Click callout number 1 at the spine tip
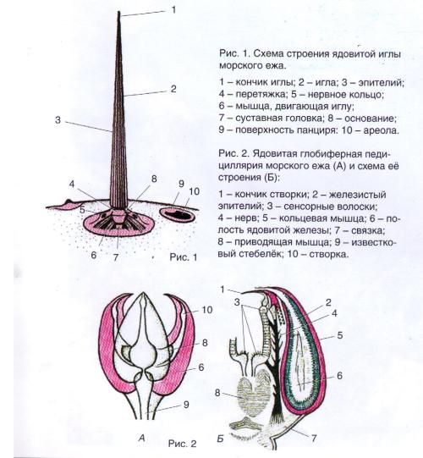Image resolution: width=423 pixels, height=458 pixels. click(x=173, y=10)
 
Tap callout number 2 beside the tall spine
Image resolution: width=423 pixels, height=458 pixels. click(x=173, y=89)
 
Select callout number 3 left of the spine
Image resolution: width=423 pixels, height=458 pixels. click(x=58, y=119)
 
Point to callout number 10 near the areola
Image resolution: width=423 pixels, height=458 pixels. click(x=194, y=191)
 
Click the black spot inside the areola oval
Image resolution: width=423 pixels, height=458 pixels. click(x=177, y=215)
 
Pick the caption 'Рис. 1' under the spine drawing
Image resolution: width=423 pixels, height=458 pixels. click(x=184, y=257)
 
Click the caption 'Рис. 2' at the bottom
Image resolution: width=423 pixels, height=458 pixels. click(x=182, y=444)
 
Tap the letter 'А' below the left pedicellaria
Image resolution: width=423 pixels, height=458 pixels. click(x=142, y=439)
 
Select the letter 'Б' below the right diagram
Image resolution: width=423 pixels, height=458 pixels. click(x=221, y=439)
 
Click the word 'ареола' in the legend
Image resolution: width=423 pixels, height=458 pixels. click(x=381, y=130)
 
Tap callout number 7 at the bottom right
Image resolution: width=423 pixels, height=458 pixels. click(x=314, y=438)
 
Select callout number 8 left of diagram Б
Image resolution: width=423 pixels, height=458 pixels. click(x=217, y=393)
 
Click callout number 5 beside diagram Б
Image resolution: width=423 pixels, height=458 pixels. click(x=340, y=335)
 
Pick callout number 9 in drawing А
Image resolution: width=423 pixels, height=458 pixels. click(x=186, y=405)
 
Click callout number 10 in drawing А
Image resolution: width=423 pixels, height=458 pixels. click(x=207, y=310)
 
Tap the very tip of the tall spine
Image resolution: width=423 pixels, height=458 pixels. click(x=118, y=12)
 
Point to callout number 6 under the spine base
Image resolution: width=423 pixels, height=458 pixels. click(x=93, y=255)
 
